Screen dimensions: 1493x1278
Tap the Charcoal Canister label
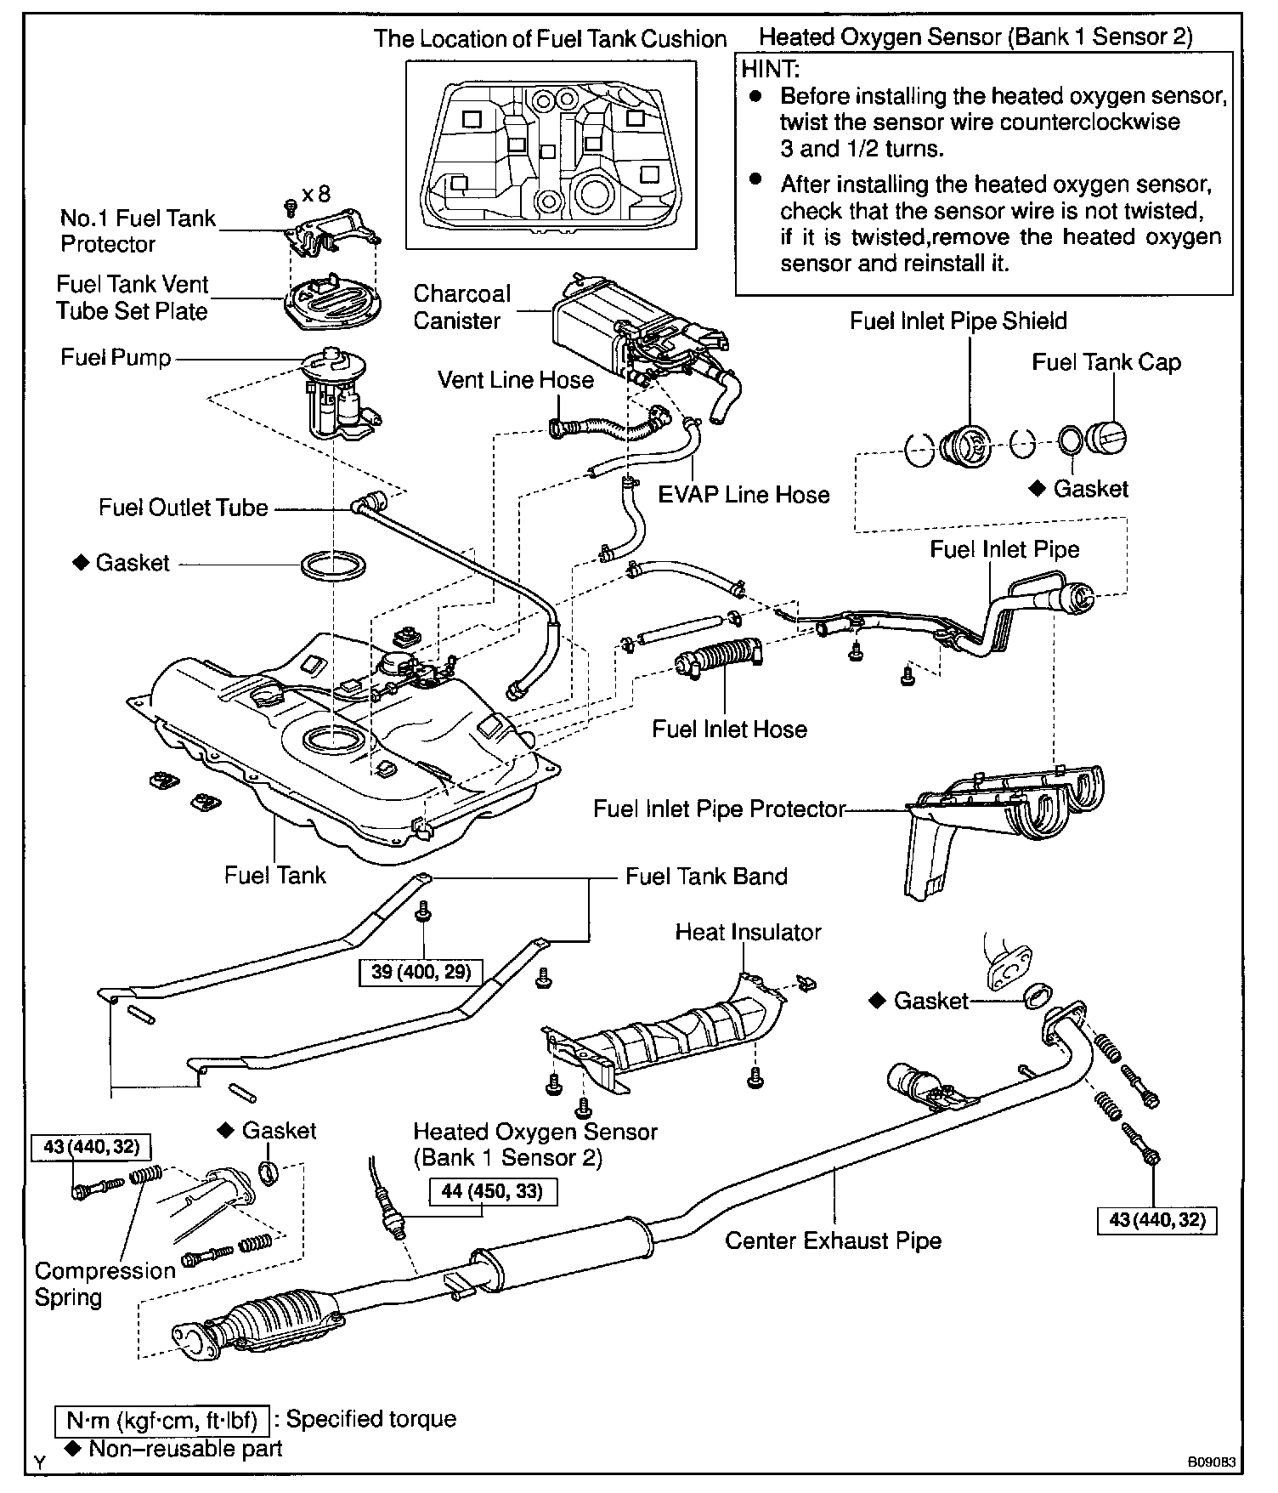pyautogui.click(x=461, y=307)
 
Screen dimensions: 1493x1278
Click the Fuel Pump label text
pyautogui.click(x=116, y=357)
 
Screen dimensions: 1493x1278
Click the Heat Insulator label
pyautogui.click(x=748, y=932)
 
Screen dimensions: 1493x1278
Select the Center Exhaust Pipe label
pyautogui.click(x=833, y=1240)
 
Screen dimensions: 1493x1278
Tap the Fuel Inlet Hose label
pyautogui.click(x=729, y=729)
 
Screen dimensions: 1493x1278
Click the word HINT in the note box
pyautogui.click(x=771, y=69)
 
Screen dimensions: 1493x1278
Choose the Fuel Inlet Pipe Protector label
pyautogui.click(x=719, y=809)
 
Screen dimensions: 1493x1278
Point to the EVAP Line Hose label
pyautogui.click(x=744, y=495)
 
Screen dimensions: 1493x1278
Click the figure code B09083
pyautogui.click(x=1211, y=1463)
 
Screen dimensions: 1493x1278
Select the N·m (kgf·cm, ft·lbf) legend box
pyautogui.click(x=161, y=1419)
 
